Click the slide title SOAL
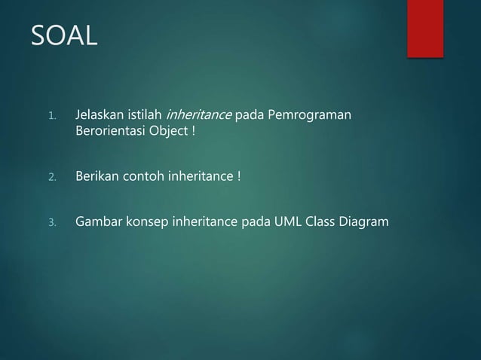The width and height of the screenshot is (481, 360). tap(64, 35)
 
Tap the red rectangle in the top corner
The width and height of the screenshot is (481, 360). tap(425, 27)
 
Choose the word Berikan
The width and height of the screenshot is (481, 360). tap(96, 178)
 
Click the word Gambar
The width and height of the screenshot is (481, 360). tap(97, 222)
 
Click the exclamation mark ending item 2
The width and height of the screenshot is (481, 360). tap(239, 178)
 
